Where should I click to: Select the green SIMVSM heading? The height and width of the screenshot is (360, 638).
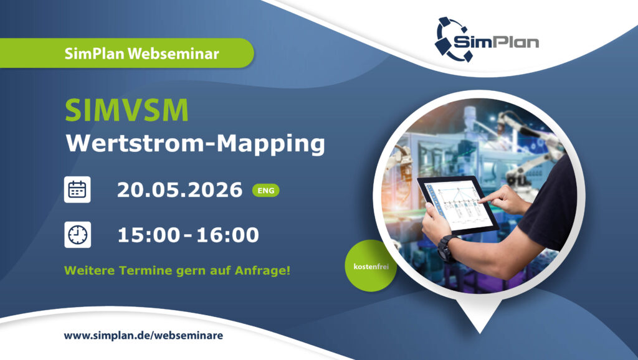click(127, 110)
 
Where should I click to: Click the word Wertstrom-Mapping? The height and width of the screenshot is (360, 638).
click(196, 143)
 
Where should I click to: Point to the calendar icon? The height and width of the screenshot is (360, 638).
click(77, 189)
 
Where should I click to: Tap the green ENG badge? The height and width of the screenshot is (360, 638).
click(266, 190)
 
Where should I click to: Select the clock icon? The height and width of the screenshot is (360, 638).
click(77, 235)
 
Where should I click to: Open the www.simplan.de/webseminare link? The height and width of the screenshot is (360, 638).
click(143, 335)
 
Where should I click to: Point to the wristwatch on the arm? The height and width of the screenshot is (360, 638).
click(446, 247)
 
